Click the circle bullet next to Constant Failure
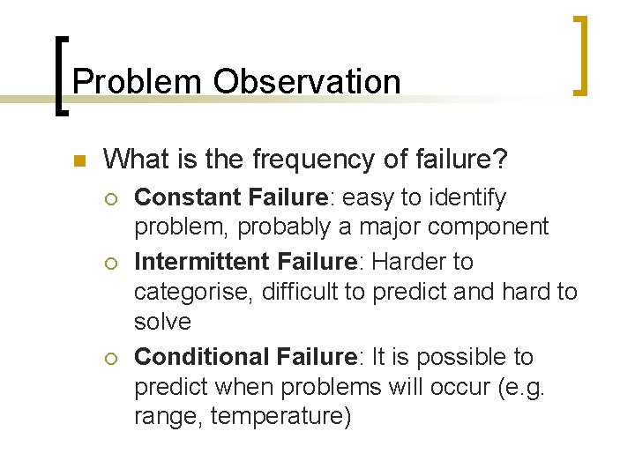[111, 198]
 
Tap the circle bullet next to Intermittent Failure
[111, 263]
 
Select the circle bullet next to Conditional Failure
[111, 358]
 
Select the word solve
[162, 322]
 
